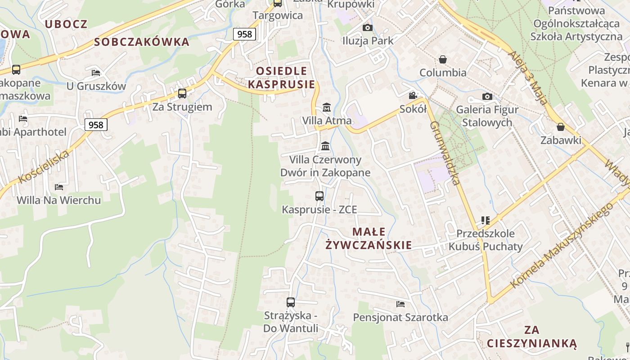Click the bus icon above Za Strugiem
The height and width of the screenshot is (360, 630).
pos(182,94)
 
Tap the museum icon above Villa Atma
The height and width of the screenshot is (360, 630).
pos(327,108)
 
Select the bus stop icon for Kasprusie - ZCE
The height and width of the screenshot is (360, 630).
pos(319,196)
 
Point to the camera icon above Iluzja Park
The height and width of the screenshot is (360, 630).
pos(368,27)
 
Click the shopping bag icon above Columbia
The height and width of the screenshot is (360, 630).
pos(443,59)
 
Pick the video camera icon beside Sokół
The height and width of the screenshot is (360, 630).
pos(413,95)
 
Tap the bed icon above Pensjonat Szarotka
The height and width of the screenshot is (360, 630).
pos(400,304)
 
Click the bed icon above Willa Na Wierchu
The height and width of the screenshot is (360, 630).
pos(59,187)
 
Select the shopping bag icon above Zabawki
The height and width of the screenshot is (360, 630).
pos(561,127)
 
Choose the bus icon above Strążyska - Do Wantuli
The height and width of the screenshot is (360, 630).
pos(291,302)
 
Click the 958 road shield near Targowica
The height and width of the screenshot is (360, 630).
pos(244,34)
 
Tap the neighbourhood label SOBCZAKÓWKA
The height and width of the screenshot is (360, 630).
pos(142,42)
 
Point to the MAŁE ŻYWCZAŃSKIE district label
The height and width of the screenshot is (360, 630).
pos(369,238)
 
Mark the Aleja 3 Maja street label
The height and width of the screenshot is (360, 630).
pos(528,77)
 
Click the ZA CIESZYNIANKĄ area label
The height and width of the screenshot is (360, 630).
pos(531,337)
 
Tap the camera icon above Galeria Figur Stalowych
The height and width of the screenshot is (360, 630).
pos(487,96)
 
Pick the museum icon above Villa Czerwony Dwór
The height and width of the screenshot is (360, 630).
pos(325,146)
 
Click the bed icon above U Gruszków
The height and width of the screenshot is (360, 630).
pos(96,72)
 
